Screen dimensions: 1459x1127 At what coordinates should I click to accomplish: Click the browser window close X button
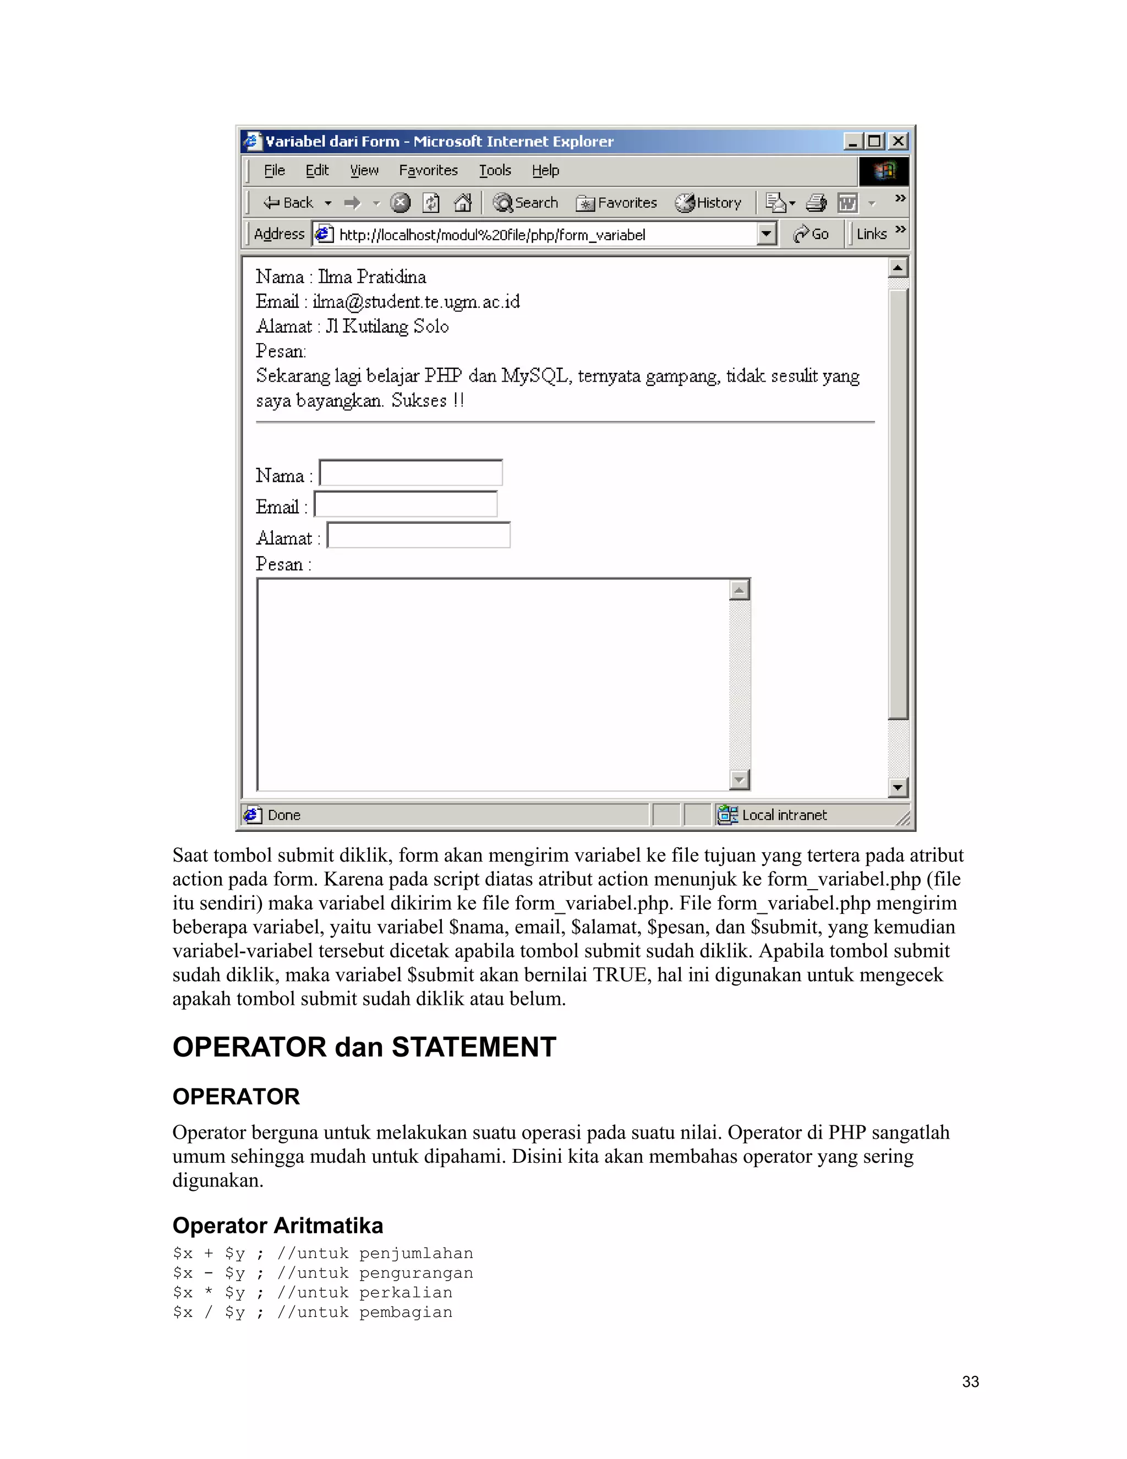tap(898, 141)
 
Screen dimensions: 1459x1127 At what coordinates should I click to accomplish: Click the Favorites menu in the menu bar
tap(428, 170)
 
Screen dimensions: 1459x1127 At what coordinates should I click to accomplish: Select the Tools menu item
tap(495, 170)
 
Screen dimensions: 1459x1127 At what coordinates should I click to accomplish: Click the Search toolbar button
tap(526, 203)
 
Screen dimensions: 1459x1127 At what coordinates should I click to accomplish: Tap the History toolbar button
tap(708, 203)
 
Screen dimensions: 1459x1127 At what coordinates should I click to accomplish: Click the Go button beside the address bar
tap(811, 234)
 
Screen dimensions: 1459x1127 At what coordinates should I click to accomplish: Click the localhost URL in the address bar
tap(492, 235)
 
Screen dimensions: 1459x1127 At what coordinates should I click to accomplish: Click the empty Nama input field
tap(411, 473)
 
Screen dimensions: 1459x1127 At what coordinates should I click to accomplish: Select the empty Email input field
tap(405, 504)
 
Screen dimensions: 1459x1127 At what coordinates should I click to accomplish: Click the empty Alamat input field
tap(419, 536)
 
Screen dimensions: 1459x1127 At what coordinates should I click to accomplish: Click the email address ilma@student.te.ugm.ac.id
tap(416, 301)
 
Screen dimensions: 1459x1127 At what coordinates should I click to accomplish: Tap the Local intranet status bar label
tap(784, 815)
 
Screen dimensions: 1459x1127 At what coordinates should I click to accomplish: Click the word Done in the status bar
tap(284, 815)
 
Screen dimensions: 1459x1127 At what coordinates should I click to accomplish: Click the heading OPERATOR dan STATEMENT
tap(364, 1047)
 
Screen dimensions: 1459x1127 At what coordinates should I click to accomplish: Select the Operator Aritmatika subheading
tap(278, 1225)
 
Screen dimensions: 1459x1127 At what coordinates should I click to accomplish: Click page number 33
tap(970, 1381)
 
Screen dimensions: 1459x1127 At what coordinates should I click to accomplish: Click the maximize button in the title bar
tap(874, 141)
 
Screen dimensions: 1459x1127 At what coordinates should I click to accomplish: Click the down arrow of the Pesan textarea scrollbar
tap(739, 779)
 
